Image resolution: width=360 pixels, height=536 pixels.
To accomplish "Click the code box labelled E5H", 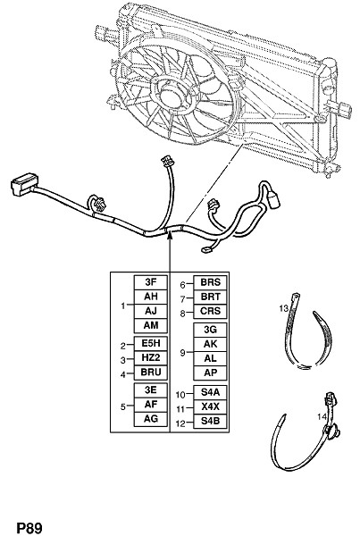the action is (x=150, y=344).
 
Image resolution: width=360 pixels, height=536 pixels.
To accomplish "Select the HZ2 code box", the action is (x=150, y=358).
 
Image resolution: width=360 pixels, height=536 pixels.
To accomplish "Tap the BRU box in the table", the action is (x=150, y=373).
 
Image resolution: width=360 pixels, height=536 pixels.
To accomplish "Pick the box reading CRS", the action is (x=210, y=312).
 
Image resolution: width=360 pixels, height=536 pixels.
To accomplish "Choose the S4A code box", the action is (x=210, y=392).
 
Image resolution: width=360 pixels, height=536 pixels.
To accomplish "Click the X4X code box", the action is (x=210, y=406).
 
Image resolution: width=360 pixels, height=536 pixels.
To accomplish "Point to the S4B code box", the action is (x=210, y=421).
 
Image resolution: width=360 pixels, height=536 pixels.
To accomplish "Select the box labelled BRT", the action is (x=210, y=297).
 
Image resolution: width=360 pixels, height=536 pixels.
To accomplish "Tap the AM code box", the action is (x=150, y=325).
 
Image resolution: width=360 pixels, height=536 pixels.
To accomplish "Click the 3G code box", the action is (x=210, y=330).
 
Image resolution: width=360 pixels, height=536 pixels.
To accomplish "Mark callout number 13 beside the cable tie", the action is (x=284, y=309).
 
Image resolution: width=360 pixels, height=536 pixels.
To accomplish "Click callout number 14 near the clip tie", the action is (x=322, y=416).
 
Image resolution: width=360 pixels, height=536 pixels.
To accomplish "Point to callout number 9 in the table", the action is (x=182, y=352).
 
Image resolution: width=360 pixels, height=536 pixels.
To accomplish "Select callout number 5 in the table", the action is (x=123, y=406).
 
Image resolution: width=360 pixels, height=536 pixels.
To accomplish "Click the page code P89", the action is (x=29, y=528).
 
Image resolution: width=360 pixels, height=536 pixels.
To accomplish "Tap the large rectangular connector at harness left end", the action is (x=24, y=185).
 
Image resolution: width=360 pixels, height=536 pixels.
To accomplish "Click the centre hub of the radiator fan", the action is (x=172, y=96).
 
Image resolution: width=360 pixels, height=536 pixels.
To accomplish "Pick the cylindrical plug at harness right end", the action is (x=273, y=199).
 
